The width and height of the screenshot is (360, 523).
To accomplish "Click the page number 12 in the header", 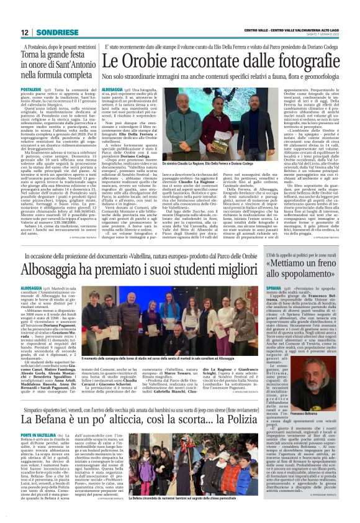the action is pos(24,33).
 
